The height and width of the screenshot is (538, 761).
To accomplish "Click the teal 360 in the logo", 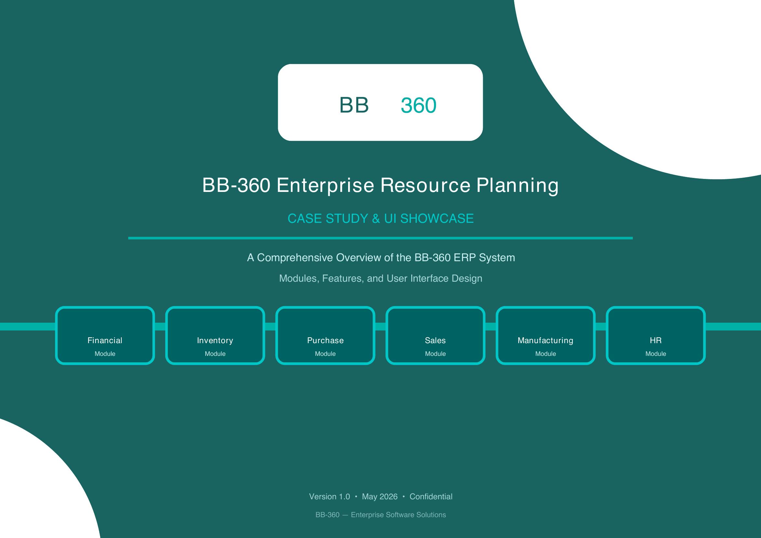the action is tap(418, 105).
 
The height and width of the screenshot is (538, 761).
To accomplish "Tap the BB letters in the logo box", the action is tap(354, 105).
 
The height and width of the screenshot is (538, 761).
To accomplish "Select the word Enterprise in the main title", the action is tap(325, 185).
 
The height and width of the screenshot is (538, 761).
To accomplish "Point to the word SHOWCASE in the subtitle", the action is tap(437, 219).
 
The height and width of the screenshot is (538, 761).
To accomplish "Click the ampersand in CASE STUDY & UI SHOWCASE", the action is tap(376, 219).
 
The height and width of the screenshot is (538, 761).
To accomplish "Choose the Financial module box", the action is tap(105, 335).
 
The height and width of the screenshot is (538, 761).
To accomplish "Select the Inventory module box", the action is tap(215, 335).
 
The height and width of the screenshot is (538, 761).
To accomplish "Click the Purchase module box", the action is tap(325, 335).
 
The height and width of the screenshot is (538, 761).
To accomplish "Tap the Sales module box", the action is tap(435, 335).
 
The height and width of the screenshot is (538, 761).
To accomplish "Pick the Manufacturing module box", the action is tap(546, 335).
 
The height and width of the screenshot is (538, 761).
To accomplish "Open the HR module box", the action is tap(656, 335).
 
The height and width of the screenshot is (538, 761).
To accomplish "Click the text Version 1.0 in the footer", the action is tap(330, 497).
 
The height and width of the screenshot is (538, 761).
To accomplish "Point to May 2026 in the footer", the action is tap(379, 497).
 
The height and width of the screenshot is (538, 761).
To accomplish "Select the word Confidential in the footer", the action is tap(431, 497).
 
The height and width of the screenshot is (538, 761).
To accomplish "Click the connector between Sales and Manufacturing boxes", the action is tap(491, 327).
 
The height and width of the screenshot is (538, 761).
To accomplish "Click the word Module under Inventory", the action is tap(215, 354).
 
